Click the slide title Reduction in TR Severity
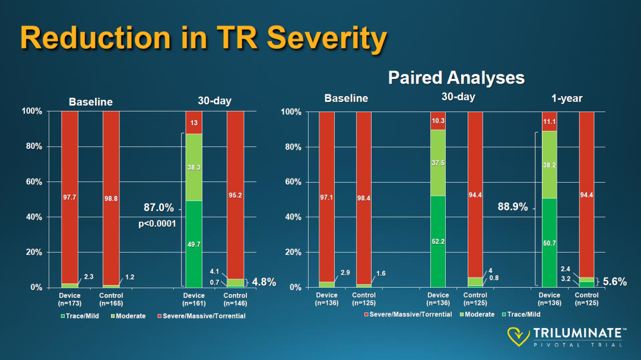click(x=204, y=38)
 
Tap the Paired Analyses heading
click(x=456, y=78)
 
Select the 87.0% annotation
click(x=158, y=208)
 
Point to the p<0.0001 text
click(x=157, y=224)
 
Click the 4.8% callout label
click(x=264, y=282)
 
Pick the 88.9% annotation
click(x=513, y=207)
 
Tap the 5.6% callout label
click(x=614, y=282)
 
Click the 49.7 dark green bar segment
click(x=193, y=244)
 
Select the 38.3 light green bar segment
click(x=193, y=167)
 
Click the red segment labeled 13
click(x=193, y=123)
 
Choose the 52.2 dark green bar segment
click(x=438, y=241)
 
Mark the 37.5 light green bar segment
click(x=438, y=163)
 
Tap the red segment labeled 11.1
click(x=550, y=122)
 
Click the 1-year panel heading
click(x=567, y=98)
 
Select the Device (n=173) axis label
click(x=69, y=299)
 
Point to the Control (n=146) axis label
click(x=235, y=299)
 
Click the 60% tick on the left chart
click(x=34, y=182)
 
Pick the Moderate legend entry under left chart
click(x=128, y=316)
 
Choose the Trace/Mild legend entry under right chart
click(x=521, y=314)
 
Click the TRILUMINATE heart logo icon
click(x=518, y=336)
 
